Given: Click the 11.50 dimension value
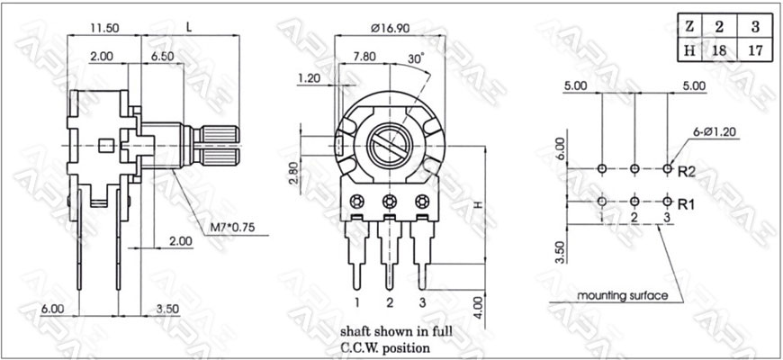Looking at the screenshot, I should (x=107, y=28).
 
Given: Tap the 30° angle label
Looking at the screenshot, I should (x=416, y=57).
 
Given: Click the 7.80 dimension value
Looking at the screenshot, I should (x=364, y=57).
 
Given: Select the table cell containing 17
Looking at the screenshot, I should (x=754, y=49).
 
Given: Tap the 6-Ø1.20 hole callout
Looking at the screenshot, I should (x=715, y=130).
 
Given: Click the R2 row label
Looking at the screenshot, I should (x=687, y=169).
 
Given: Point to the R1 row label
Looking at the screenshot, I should (x=687, y=203).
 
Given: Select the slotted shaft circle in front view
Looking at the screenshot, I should (x=390, y=145).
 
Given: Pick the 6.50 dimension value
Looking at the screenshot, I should (x=163, y=57).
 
